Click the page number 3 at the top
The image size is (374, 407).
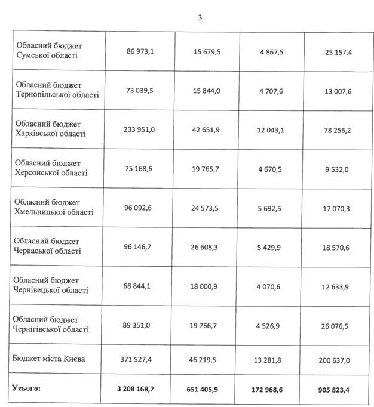point(200,17)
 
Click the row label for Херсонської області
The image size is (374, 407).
point(52,168)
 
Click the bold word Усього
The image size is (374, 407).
point(27,388)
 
